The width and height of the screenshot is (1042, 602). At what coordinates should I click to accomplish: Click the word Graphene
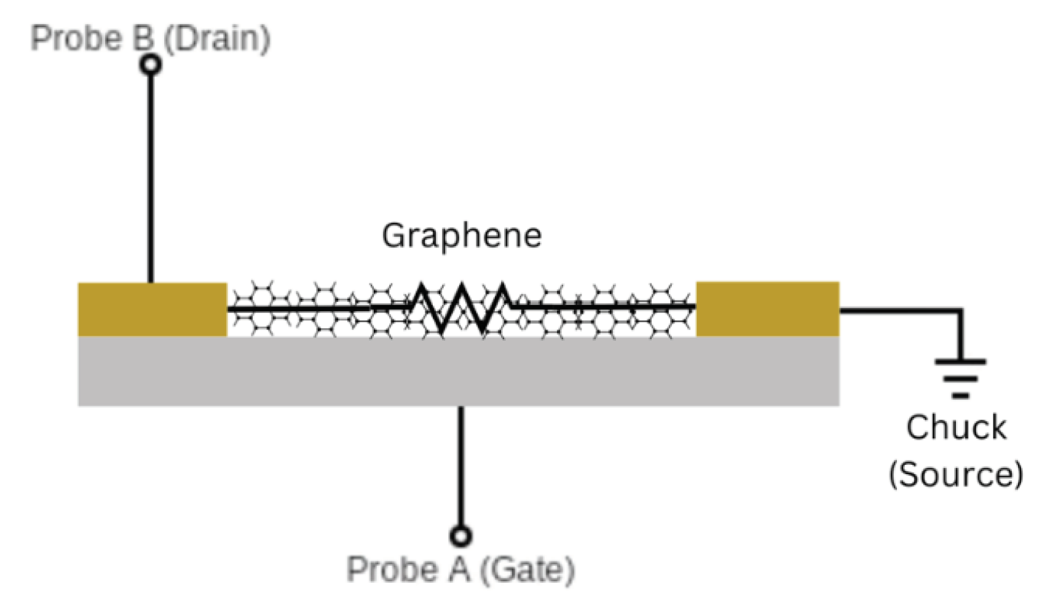coord(462,236)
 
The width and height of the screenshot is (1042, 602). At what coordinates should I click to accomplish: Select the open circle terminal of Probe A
coord(460,536)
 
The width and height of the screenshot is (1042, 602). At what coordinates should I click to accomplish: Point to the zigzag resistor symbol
coord(460,307)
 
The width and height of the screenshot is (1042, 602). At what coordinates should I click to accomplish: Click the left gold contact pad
coord(152,309)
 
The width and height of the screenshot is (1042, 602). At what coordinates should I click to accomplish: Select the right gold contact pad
coord(767,309)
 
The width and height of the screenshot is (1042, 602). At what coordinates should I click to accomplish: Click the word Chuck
coord(956,427)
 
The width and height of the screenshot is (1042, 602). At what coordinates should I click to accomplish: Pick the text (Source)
coord(956,474)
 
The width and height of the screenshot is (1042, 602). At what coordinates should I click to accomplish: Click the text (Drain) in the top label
coord(216,38)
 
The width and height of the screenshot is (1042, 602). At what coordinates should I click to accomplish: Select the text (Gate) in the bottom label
coord(527,569)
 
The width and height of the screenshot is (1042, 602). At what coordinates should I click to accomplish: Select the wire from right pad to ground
coord(904,311)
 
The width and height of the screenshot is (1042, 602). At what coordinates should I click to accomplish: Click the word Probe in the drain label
coord(77,38)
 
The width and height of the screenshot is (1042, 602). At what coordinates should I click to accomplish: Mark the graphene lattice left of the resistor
coord(314,309)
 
